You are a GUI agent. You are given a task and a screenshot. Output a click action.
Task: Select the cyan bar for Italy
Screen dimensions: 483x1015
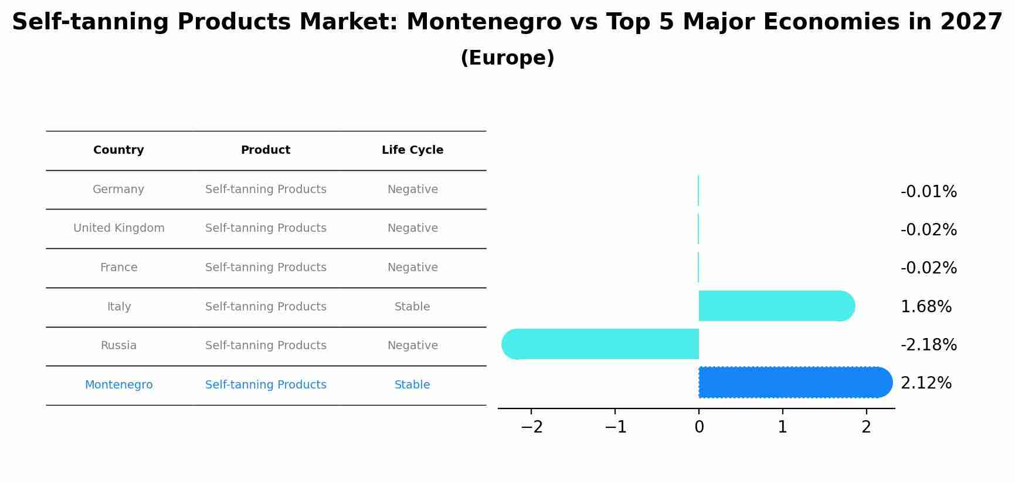click(774, 306)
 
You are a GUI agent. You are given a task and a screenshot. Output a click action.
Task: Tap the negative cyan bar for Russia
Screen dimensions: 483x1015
click(601, 344)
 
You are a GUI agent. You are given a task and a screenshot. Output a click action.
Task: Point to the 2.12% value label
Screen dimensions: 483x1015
click(926, 383)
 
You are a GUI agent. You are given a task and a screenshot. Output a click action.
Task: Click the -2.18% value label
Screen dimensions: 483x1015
click(928, 345)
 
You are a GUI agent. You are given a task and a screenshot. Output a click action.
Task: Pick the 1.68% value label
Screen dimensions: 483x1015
click(926, 307)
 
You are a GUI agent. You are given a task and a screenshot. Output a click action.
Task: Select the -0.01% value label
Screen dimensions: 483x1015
click(928, 192)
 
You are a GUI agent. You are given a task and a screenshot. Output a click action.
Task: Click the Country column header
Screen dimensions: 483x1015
click(118, 150)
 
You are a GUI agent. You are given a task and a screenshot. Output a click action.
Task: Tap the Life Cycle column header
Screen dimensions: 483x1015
click(412, 150)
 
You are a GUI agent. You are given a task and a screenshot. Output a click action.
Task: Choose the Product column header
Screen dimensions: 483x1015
click(266, 150)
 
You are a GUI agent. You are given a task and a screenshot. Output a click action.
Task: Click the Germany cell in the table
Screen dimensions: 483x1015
click(118, 190)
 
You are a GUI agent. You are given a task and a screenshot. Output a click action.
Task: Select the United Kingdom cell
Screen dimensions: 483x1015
click(119, 228)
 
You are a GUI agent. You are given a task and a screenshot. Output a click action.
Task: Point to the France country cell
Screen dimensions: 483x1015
click(119, 268)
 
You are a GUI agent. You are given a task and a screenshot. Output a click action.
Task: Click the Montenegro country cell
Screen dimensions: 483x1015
click(119, 385)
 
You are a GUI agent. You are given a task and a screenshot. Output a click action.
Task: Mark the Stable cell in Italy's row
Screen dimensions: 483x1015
click(412, 307)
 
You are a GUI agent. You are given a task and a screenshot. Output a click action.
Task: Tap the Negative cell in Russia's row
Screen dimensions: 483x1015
click(412, 346)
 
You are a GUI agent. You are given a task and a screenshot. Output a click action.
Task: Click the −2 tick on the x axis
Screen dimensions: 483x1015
click(531, 427)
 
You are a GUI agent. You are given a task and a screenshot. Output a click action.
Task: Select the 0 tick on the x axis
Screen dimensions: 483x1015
click(699, 427)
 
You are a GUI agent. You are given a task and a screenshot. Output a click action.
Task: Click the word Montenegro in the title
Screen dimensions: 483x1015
click(484, 22)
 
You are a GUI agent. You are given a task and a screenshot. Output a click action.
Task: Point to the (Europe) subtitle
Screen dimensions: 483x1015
click(507, 58)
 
